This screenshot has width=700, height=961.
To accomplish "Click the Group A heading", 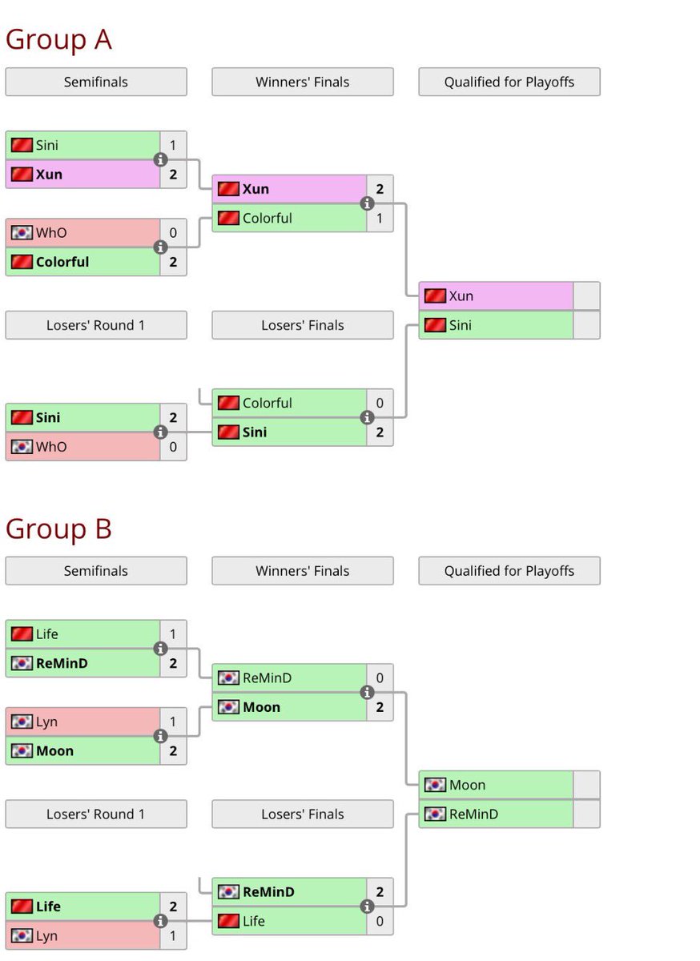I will click(58, 39).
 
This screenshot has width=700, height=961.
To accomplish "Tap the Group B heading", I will click(58, 529).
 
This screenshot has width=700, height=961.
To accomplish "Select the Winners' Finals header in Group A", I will click(302, 82).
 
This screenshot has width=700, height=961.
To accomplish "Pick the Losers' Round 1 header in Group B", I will click(95, 814).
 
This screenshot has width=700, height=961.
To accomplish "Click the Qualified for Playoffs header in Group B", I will click(509, 571).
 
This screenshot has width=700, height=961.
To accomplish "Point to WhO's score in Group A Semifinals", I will click(173, 233).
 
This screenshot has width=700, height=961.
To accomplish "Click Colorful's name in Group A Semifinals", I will click(62, 262).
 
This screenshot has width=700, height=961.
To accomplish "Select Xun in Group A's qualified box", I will click(461, 296).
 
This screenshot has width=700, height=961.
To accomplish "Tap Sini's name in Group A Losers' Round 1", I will click(48, 417).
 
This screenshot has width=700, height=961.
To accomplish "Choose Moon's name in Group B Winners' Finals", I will click(262, 707).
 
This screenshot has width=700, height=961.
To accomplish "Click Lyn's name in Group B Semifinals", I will click(46, 722).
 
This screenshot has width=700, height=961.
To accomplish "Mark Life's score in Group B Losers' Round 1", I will click(173, 907).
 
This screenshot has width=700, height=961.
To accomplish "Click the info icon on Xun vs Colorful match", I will click(368, 203).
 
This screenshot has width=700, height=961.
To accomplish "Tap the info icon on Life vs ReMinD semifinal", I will click(161, 649).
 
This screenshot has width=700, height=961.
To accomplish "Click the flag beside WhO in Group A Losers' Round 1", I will click(22, 447).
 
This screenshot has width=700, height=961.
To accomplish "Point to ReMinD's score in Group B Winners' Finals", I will click(380, 678).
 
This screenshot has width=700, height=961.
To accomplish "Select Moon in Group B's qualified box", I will click(468, 785).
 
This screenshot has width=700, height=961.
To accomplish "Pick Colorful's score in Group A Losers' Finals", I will click(380, 403).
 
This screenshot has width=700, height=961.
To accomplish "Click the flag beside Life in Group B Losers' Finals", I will click(228, 921).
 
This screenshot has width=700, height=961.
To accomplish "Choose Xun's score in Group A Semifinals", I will click(173, 174).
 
